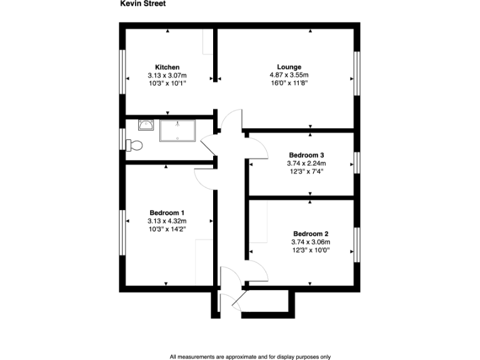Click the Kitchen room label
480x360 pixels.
[x=167, y=67]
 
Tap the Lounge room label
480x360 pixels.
[x=289, y=67]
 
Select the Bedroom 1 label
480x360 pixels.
[x=167, y=212]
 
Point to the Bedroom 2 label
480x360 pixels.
[x=311, y=234]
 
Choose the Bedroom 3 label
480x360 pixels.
[x=306, y=155]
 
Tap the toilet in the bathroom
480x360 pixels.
[x=134, y=146]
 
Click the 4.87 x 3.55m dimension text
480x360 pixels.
[x=289, y=75]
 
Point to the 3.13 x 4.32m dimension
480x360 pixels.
[x=167, y=221]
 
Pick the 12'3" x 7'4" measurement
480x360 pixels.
[x=306, y=171]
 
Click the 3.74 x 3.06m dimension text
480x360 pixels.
[x=311, y=242]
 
